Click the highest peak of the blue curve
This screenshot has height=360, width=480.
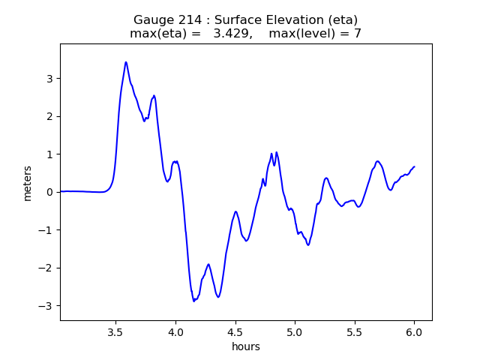click(126, 62)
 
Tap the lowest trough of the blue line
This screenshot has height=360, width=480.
click(194, 301)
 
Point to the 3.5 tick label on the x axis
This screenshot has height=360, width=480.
click(115, 332)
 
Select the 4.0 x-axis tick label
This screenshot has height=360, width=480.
click(175, 332)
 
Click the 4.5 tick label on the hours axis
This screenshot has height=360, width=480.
click(235, 332)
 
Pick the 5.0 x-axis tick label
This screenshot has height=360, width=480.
click(295, 332)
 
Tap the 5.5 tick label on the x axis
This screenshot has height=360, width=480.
click(354, 332)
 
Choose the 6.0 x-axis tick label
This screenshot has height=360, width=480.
click(414, 332)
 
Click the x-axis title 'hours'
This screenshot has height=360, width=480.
click(246, 346)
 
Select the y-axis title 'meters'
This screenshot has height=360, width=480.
click(28, 182)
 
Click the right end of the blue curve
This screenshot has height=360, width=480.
click(414, 166)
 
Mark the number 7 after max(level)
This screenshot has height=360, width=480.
click(358, 34)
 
